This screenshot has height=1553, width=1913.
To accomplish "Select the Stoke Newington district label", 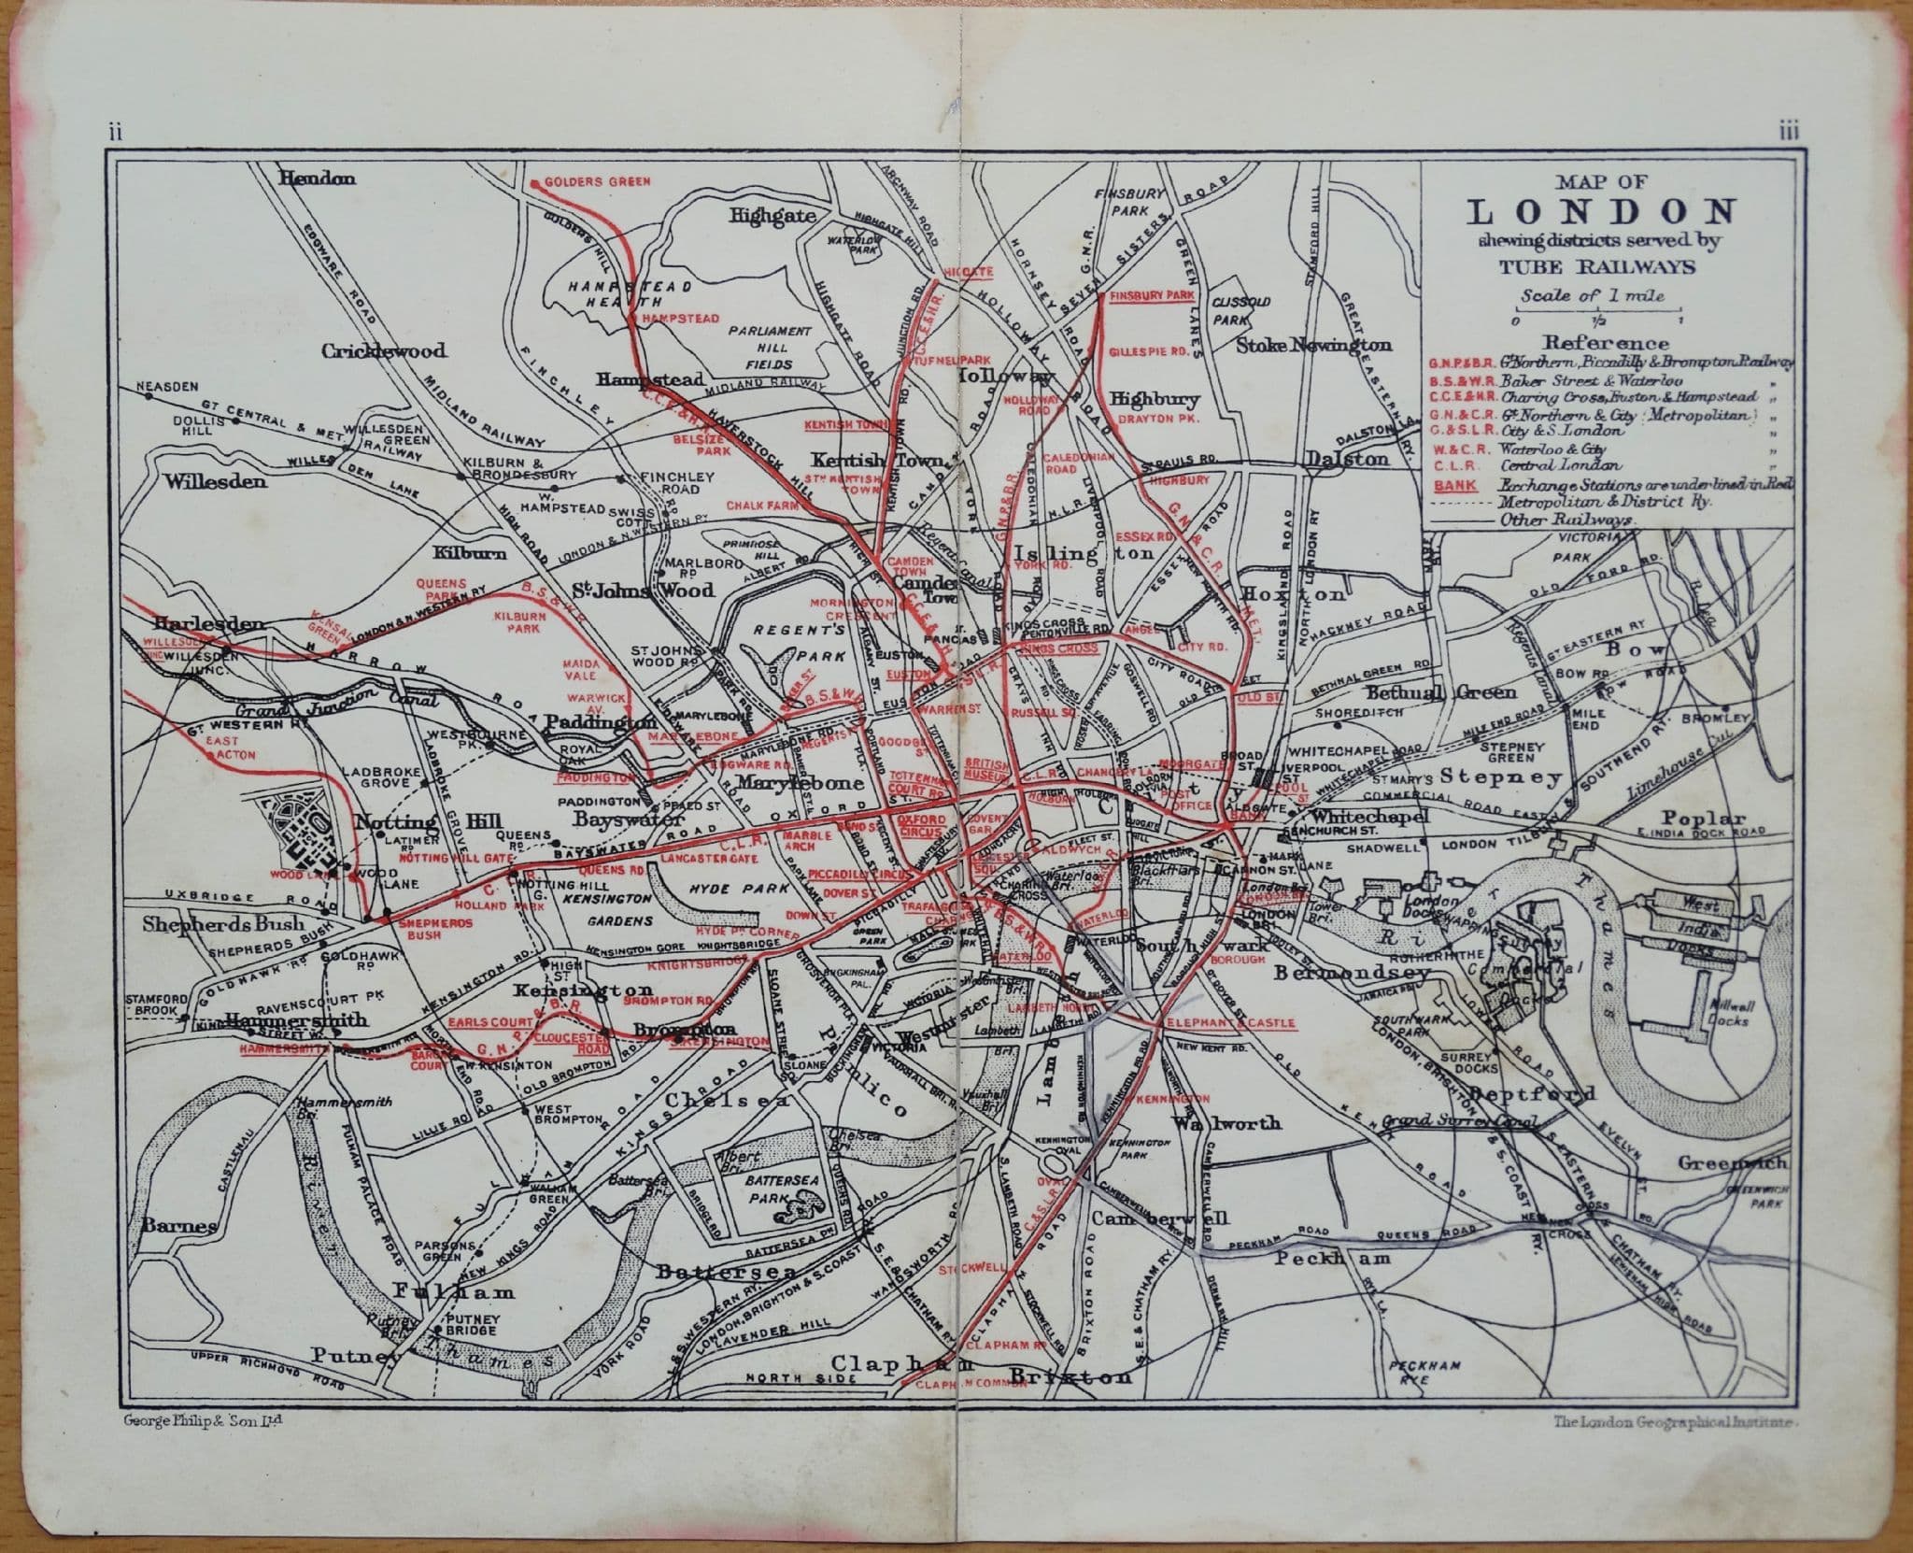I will [1313, 345].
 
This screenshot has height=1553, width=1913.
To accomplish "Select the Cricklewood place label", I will [384, 352].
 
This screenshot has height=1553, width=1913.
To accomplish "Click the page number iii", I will [1789, 133].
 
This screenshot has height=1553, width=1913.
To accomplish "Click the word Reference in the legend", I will [1593, 343].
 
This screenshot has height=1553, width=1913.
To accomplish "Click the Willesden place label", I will [216, 482].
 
